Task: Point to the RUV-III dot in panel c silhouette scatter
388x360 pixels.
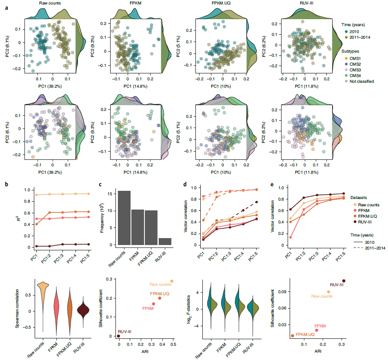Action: click(119, 336)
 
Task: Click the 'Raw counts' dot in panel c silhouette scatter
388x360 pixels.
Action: click(172, 281)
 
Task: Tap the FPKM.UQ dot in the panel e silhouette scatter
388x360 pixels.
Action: click(292, 336)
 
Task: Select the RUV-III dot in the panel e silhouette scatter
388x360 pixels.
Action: click(344, 281)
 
